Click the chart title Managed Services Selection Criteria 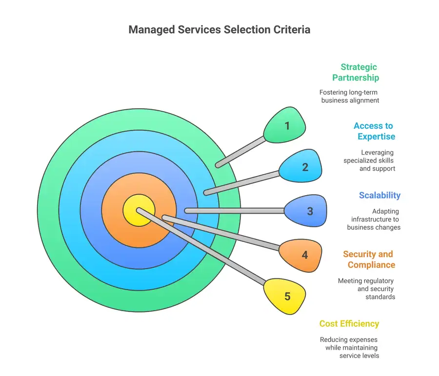(x=219, y=30)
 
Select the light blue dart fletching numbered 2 (x=302, y=167)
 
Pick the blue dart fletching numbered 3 (x=307, y=211)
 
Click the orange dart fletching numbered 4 (x=302, y=254)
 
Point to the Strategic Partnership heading (x=356, y=72)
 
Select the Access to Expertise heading (x=374, y=131)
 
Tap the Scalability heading (x=379, y=195)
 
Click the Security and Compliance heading (x=369, y=259)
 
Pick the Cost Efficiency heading (x=349, y=323)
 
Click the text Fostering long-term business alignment (x=349, y=96)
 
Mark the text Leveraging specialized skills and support (x=369, y=160)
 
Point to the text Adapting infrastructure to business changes (x=374, y=219)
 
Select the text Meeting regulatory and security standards (x=366, y=289)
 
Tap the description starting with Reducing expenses (x=349, y=347)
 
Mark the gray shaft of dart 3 (x=234, y=211)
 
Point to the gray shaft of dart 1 (x=241, y=152)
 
